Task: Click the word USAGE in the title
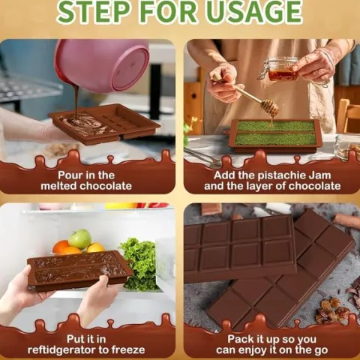coord(254,11)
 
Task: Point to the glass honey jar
coord(282,69)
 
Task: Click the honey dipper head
coord(270,106)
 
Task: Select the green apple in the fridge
coord(79,239)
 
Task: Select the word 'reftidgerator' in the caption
coord(61,350)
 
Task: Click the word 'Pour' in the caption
coord(70,175)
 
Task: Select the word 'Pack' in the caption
coord(239,339)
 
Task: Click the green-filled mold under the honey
coord(275,136)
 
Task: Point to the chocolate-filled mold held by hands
coord(79,270)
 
